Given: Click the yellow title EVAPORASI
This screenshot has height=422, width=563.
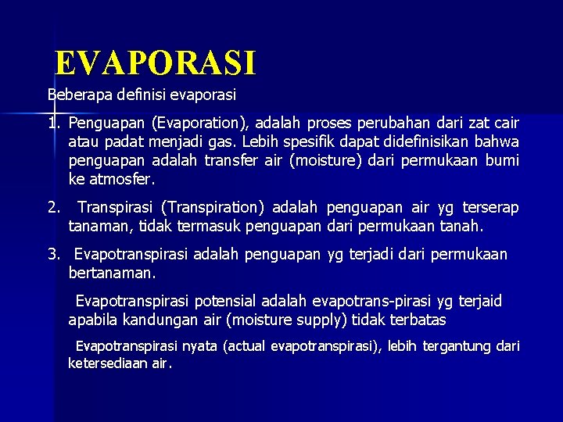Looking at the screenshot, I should click(x=156, y=63).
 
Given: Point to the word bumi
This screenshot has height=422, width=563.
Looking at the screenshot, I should click(x=502, y=161).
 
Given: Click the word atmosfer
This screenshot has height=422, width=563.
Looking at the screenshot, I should click(x=121, y=179).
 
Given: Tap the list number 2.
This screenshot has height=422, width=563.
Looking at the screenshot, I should click(x=53, y=208).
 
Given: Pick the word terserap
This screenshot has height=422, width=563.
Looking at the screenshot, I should click(x=490, y=208).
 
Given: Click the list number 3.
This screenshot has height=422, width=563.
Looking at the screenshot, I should click(x=53, y=255).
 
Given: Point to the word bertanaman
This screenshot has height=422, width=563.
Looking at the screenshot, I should click(x=112, y=274).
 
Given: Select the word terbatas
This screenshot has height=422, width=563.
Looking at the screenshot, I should click(x=415, y=320).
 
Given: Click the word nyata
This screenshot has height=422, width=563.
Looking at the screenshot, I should click(x=201, y=346).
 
